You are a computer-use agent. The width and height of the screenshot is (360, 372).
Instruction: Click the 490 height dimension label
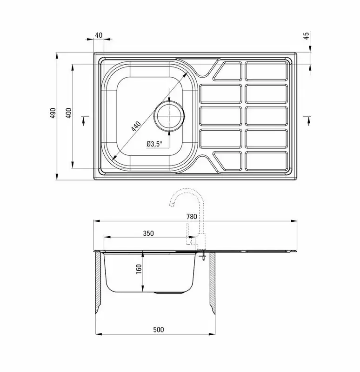point(53,113)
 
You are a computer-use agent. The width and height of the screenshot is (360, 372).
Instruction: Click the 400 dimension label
point(68,113)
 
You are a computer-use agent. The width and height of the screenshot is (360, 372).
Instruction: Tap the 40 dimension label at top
point(99,35)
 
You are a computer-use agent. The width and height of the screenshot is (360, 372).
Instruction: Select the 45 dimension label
point(307,36)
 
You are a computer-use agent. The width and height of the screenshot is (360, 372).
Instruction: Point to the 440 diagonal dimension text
point(136,126)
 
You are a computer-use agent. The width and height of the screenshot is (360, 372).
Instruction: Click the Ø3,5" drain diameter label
point(154,144)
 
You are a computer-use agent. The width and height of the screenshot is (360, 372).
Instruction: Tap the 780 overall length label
point(192,216)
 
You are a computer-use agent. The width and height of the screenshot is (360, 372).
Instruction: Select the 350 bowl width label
point(148,233)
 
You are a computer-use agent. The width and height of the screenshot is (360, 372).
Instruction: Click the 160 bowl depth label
point(139,269)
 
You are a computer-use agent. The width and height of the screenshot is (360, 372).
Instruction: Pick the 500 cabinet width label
point(158,330)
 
